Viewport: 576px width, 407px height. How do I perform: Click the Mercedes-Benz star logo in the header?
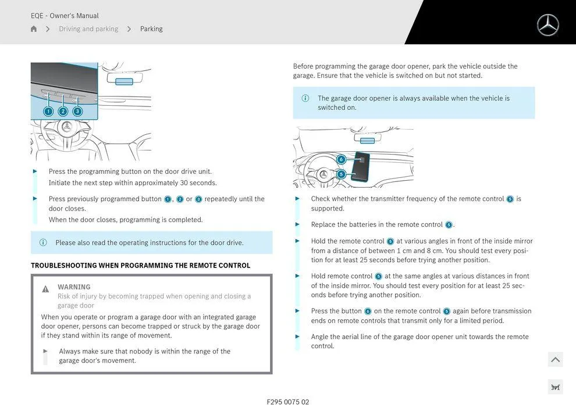point(547,25)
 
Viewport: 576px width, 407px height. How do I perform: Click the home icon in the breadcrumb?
point(34,29)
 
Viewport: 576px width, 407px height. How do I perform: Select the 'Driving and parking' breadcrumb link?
point(88,29)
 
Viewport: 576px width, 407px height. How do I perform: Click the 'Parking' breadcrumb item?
point(151,29)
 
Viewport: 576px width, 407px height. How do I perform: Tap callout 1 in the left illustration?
point(48,112)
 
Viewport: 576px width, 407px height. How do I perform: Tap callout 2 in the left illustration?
point(63,112)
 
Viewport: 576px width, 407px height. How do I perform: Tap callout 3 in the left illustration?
point(77,112)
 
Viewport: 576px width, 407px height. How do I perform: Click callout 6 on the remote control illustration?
point(342,159)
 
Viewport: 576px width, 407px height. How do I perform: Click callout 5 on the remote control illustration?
point(342,174)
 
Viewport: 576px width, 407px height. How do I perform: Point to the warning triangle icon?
point(45,289)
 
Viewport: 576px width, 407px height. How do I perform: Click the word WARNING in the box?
point(74,287)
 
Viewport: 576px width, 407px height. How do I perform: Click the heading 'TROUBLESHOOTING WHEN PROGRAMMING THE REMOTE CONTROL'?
point(140,265)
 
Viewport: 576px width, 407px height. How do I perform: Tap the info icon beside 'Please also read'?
point(43,242)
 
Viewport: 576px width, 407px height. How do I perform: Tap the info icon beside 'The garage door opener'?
point(305,98)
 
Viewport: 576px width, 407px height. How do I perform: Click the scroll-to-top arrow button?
point(555,360)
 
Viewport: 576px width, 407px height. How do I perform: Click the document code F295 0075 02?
point(288,402)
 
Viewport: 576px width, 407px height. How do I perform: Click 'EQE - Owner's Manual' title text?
point(65,16)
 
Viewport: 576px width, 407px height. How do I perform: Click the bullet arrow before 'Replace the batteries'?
point(298,224)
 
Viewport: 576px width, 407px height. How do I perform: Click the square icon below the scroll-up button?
point(555,387)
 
